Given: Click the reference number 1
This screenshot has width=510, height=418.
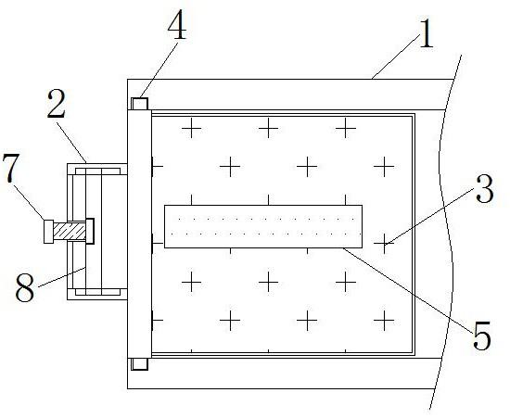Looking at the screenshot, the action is pyautogui.click(x=427, y=33).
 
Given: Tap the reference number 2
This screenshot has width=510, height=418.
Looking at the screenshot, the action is pyautogui.click(x=57, y=104).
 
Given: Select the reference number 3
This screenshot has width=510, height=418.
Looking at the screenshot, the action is pyautogui.click(x=484, y=188).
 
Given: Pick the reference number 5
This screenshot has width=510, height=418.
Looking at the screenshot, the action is pyautogui.click(x=481, y=336).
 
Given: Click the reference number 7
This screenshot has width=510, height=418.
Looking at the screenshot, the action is pyautogui.click(x=10, y=169).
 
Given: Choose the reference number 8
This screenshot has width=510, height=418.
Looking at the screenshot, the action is pyautogui.click(x=25, y=287).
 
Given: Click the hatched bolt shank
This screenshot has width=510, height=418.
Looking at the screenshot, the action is pyautogui.click(x=70, y=231).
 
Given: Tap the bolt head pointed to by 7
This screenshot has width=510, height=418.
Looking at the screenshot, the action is pyautogui.click(x=49, y=232).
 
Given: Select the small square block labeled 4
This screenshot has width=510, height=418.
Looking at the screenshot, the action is pyautogui.click(x=139, y=104).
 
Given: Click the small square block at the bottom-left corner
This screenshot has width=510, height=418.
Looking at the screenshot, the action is pyautogui.click(x=139, y=364).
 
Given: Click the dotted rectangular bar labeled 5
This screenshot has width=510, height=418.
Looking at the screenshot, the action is pyautogui.click(x=263, y=226).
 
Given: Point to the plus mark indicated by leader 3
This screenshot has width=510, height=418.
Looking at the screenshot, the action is pyautogui.click(x=384, y=243).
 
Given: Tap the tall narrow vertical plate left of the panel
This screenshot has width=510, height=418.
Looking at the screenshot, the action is pyautogui.click(x=139, y=234).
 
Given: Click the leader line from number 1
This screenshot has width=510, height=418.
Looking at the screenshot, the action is pyautogui.click(x=395, y=57).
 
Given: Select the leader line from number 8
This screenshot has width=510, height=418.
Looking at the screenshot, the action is pyautogui.click(x=62, y=277).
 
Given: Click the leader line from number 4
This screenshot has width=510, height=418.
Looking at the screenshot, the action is pyautogui.click(x=159, y=69).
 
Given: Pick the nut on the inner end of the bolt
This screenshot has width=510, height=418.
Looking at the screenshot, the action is pyautogui.click(x=90, y=231).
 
